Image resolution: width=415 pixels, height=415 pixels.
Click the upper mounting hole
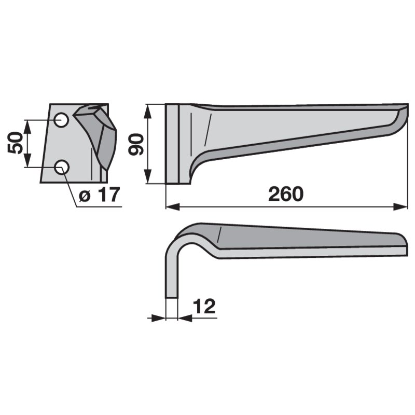pos(61,120)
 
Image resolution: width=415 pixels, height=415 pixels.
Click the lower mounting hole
pos(61,167)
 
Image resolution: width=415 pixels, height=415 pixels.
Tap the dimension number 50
pos(15,143)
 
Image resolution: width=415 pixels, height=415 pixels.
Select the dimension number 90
pos(135,144)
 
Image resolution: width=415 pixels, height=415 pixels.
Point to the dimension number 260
pos(286,194)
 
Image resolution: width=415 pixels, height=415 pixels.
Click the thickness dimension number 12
pos(204,306)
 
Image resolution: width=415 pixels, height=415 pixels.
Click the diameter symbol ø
pos(85,196)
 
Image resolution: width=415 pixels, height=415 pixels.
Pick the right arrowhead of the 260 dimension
pos(400,206)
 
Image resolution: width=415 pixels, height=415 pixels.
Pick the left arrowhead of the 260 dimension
pos(173,206)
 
